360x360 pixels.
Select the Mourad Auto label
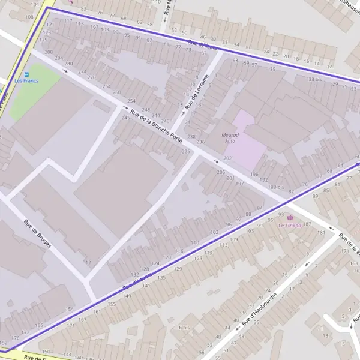click(x=230, y=138)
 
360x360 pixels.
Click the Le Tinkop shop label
click(x=290, y=225)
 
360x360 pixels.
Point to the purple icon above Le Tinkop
click(x=291, y=217)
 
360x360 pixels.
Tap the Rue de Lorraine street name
click(x=198, y=91)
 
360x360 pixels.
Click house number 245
click(x=126, y=118)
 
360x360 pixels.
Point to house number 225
click(x=186, y=152)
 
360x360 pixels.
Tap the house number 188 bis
click(x=277, y=187)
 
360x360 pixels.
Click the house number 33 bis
click(x=315, y=79)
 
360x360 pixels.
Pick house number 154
click(x=70, y=309)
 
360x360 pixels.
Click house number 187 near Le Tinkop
click(x=307, y=224)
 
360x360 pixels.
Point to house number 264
click(x=107, y=86)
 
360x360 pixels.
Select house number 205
click(x=221, y=172)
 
